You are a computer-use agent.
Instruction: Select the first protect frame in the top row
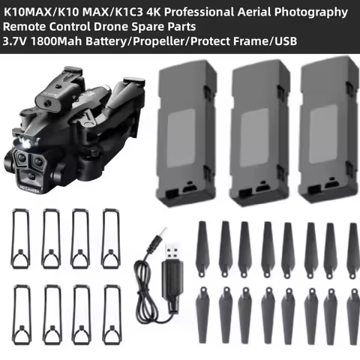click(21, 238)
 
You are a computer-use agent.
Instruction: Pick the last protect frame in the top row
click(111, 238)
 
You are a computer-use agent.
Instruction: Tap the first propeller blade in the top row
click(202, 247)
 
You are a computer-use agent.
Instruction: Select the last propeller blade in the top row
click(349, 247)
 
